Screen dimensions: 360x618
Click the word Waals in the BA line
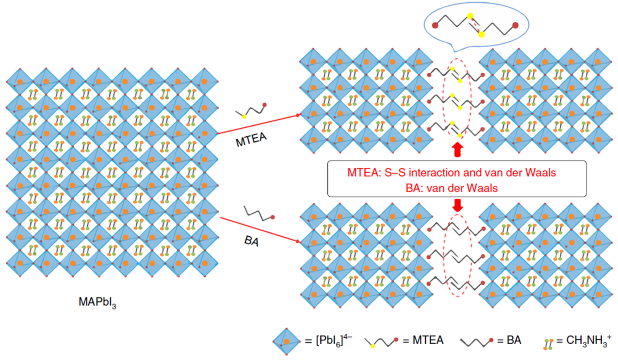point(478,188)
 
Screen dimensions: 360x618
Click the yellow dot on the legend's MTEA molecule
point(373,347)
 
